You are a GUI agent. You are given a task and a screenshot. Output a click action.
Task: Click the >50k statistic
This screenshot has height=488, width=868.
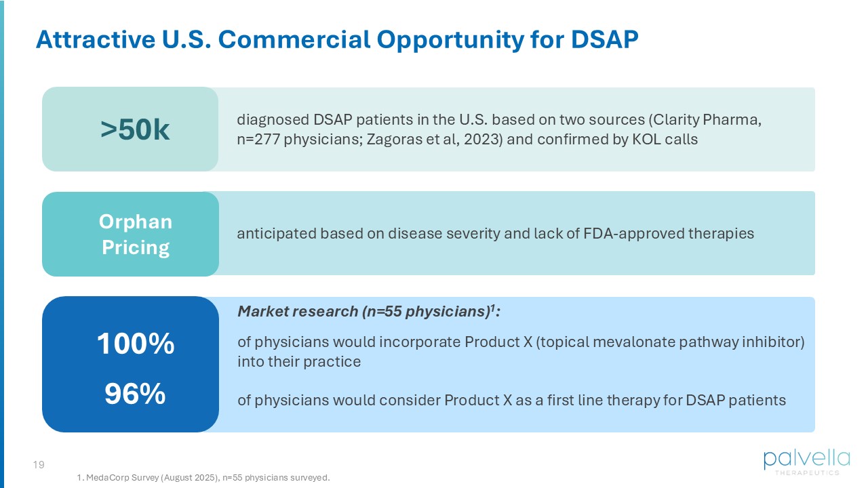tap(135, 129)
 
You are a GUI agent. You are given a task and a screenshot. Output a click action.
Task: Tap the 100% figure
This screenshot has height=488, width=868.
tap(136, 343)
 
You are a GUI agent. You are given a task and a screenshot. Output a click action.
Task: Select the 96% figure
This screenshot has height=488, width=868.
tap(135, 394)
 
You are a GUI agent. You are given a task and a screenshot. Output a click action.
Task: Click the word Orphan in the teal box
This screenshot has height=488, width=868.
tap(135, 222)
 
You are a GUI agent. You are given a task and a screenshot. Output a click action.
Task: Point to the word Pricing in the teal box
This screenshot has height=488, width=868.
tap(136, 248)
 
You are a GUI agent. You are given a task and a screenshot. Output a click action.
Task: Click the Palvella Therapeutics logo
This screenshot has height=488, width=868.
tap(807, 462)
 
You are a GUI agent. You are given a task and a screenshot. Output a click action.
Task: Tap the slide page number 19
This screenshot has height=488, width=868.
tap(39, 464)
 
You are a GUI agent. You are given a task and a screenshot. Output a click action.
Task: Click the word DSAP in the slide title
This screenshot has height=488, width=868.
tap(604, 39)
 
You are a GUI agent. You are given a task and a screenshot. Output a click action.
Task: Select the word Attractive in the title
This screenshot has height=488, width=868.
tap(96, 39)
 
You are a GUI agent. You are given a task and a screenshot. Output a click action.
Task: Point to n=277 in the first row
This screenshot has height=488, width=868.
tap(258, 140)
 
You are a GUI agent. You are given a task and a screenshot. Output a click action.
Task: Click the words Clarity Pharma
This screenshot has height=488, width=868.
tap(707, 120)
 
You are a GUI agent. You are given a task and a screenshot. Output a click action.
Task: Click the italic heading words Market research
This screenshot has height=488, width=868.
tap(298, 311)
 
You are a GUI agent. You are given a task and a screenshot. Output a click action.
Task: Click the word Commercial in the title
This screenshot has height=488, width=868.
tap(294, 39)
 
